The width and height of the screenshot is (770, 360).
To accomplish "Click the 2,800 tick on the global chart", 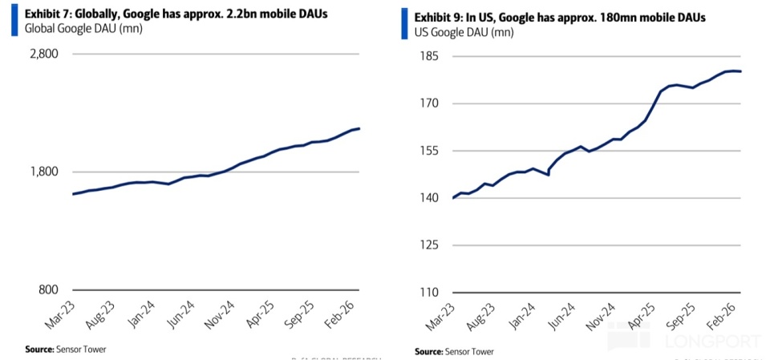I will (44, 55).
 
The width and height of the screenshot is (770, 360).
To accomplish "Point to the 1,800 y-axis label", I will (44, 172).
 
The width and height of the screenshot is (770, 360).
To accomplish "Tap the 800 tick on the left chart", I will (48, 290).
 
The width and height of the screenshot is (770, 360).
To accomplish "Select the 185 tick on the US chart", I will (426, 57).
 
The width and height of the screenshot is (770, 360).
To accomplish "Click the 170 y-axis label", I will (426, 103).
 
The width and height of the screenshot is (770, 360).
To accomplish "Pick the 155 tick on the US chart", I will (426, 151).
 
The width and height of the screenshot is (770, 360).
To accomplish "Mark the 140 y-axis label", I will (426, 198).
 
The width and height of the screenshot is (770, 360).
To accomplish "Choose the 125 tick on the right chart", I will (426, 245).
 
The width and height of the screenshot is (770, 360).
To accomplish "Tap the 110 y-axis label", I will (426, 292).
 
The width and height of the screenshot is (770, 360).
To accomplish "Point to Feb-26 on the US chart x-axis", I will (722, 316).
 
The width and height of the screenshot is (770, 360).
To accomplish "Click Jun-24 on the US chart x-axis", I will (559, 316).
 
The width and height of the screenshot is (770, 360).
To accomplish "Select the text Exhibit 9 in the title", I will (436, 18).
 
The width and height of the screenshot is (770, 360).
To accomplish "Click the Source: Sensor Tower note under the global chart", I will (66, 349).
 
